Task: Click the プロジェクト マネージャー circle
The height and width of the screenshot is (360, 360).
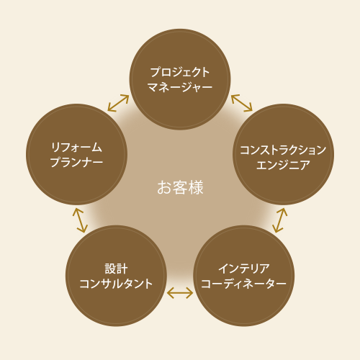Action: [x=180, y=79]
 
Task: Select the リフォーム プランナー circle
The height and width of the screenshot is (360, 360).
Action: [x=76, y=154]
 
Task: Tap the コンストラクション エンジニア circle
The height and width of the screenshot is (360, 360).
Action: [x=283, y=154]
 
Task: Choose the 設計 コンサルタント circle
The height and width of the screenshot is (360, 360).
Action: [x=116, y=276]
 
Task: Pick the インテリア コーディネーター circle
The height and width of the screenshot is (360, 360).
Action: [x=244, y=276]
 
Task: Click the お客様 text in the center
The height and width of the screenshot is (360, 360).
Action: [x=180, y=187]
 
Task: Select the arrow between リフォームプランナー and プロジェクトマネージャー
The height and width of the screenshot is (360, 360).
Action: [x=118, y=103]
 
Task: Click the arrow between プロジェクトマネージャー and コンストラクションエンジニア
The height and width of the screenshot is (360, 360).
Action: [x=242, y=103]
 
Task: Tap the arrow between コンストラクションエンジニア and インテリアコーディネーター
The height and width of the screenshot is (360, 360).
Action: [x=280, y=220]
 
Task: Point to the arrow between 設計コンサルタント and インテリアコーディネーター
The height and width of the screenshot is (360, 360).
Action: [x=180, y=293]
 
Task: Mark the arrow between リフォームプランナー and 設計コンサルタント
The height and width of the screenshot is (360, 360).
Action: [x=80, y=220]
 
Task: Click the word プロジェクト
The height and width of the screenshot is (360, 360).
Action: [x=180, y=72]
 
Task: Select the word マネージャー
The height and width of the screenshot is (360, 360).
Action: [x=180, y=87]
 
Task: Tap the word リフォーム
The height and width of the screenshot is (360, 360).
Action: [x=76, y=148]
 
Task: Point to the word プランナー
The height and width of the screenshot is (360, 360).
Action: [x=76, y=162]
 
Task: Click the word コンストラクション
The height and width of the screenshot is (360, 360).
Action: [x=283, y=150]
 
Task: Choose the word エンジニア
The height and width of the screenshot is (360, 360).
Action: [x=283, y=165]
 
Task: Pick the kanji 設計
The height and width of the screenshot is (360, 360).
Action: [x=116, y=269]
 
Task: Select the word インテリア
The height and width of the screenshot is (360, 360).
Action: [x=244, y=269]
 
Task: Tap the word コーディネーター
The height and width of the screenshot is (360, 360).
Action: [x=244, y=284]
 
